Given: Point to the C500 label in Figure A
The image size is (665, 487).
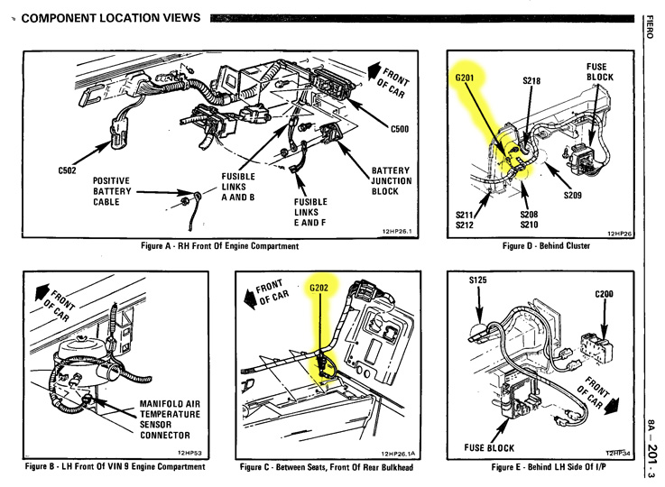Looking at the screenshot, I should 401,129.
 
